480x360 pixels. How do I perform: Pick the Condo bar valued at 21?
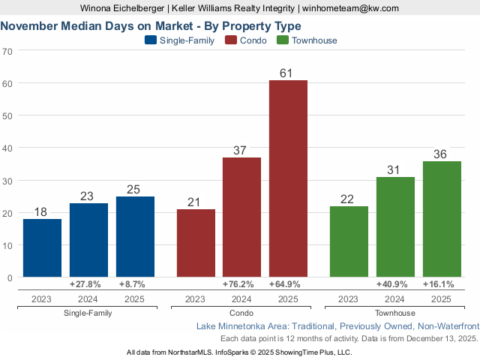tap(196, 243)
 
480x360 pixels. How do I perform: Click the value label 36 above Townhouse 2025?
tap(441, 154)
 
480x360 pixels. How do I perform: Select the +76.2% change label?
tap(241, 285)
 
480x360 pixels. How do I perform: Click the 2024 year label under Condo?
tap(241, 299)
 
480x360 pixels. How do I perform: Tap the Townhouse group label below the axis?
tap(395, 313)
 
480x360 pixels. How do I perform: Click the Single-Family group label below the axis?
tap(88, 313)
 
